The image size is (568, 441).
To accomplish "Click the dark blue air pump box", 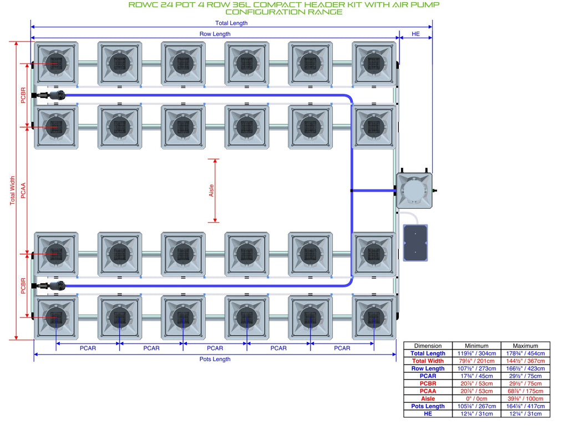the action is [x=415, y=243].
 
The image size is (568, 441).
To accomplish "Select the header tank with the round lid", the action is [x=414, y=191].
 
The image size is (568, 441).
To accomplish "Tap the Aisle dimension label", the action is [x=211, y=191].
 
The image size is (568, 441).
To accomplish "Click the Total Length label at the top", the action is [x=231, y=23].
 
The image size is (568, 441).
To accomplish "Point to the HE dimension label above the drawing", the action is [x=415, y=34].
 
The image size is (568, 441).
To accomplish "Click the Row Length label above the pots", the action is [x=215, y=34].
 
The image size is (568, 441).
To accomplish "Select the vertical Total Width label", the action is [x=13, y=191].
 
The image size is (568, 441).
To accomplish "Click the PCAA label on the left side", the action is [x=23, y=191].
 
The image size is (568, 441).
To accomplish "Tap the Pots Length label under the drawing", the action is [x=215, y=359].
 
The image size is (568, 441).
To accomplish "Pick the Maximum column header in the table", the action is [x=525, y=346].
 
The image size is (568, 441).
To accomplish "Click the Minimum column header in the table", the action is [x=476, y=346].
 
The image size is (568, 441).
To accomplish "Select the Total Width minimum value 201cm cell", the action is [x=476, y=361].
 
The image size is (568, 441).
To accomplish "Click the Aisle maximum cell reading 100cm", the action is [x=525, y=399].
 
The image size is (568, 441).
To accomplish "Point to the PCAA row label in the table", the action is [x=428, y=391].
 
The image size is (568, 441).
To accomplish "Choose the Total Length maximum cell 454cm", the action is [x=525, y=353].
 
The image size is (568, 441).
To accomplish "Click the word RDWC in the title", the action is [x=143, y=4].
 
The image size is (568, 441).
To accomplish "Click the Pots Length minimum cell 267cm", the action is [x=476, y=406].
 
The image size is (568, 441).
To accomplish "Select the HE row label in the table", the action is [x=428, y=414].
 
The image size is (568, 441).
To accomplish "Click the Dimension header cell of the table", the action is [x=428, y=346].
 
